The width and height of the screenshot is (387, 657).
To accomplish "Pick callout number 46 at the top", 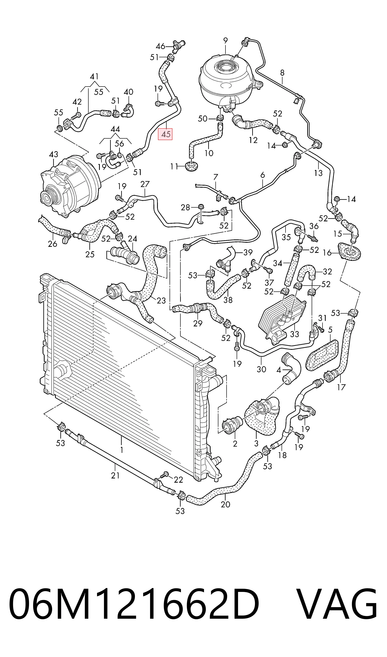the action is coord(160,47).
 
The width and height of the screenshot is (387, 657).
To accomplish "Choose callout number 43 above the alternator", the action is coord(54,155).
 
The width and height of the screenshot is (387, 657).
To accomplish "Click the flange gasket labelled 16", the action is coord(349,251).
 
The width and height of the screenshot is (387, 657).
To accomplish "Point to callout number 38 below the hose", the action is coord(228,300).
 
